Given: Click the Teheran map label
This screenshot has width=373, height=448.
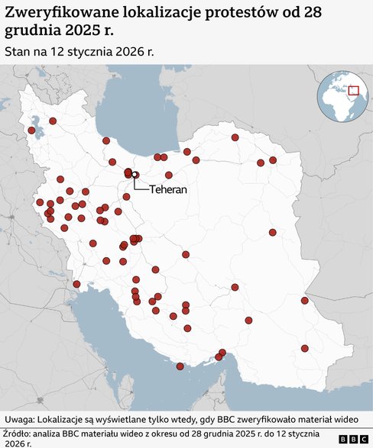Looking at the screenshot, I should (168, 188).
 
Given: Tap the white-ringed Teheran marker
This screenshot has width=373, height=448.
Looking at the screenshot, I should (135, 175).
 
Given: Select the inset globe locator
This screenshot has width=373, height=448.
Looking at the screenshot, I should (343, 96).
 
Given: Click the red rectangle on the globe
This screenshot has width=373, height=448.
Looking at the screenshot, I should (354, 91).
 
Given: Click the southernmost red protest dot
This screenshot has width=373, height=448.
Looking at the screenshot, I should (180, 366).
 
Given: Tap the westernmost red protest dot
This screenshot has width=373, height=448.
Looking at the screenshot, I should (31, 131).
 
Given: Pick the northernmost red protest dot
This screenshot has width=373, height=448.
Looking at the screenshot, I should (53, 121).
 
